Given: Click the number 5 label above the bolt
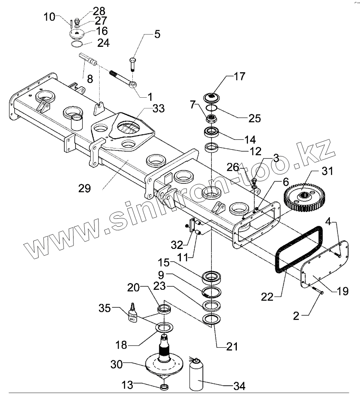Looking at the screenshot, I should pos(157,34).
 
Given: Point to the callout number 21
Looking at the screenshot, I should pos(232,347).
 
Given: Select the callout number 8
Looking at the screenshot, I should pos(90,79).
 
